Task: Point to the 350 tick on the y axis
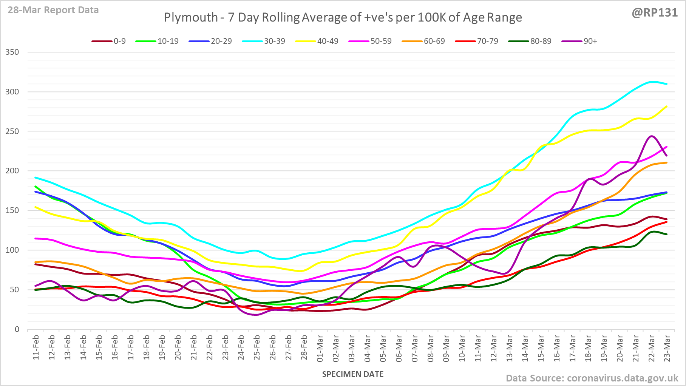click(12, 52)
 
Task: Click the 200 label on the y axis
click(12, 171)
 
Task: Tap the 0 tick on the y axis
click(17, 329)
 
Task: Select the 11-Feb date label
click(36, 347)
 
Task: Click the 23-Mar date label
click(667, 347)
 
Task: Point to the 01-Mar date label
click(320, 347)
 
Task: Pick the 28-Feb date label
click(304, 347)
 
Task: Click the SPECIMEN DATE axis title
click(352, 374)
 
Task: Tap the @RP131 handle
click(655, 12)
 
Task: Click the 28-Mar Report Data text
click(53, 10)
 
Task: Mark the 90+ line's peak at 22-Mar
click(651, 136)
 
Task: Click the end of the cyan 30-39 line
click(667, 84)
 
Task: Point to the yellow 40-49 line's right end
click(667, 107)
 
